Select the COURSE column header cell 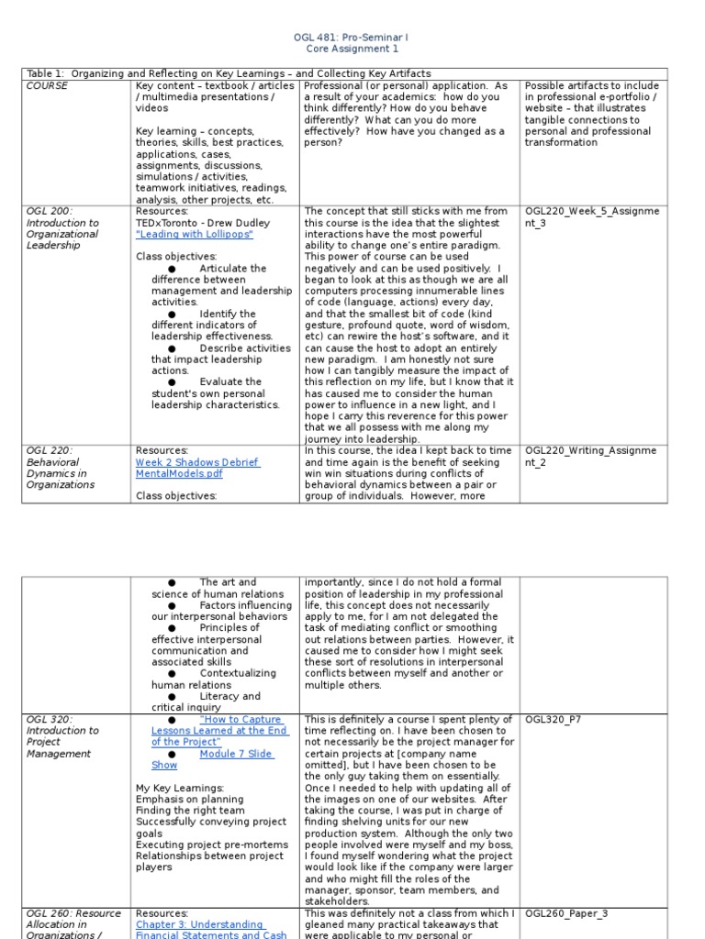[x=48, y=85]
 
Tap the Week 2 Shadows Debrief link [x=197, y=462]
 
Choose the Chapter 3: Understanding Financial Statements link [x=199, y=924]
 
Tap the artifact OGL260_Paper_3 [x=565, y=913]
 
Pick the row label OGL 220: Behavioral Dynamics [x=61, y=468]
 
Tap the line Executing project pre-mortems [x=206, y=844]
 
